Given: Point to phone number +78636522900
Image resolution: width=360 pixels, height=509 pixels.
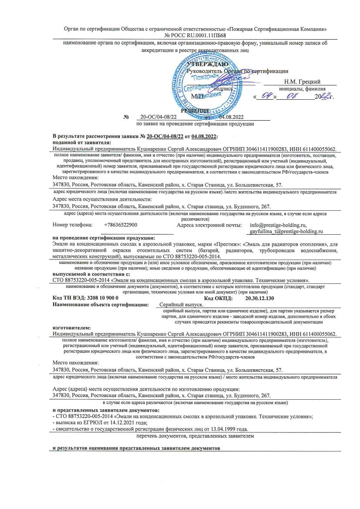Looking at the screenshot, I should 121,225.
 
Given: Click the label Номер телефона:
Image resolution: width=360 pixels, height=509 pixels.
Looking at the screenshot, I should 72,225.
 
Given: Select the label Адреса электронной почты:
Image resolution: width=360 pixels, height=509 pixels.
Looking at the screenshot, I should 209,225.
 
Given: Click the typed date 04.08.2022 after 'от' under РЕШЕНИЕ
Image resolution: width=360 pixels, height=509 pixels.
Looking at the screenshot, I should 231,117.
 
